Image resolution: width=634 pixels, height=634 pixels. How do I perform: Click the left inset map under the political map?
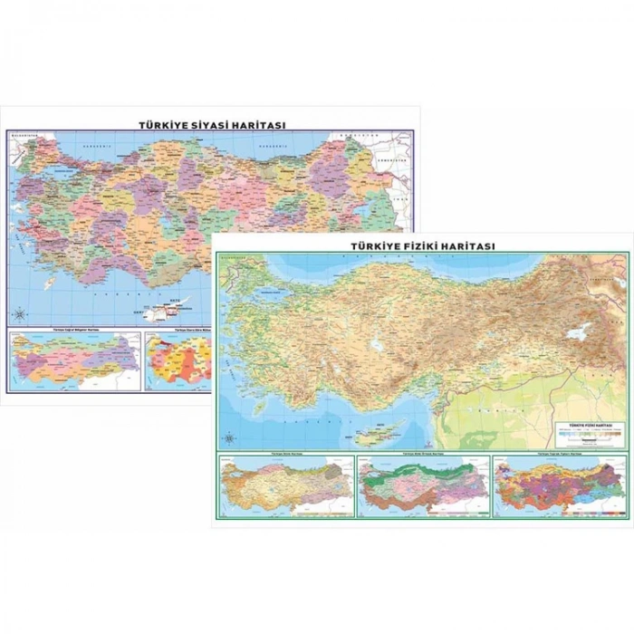pos(75,361)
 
